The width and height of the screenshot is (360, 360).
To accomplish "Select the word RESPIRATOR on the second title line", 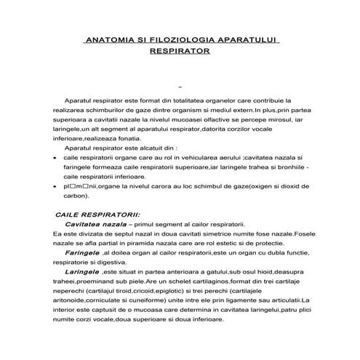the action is click(179, 52).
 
